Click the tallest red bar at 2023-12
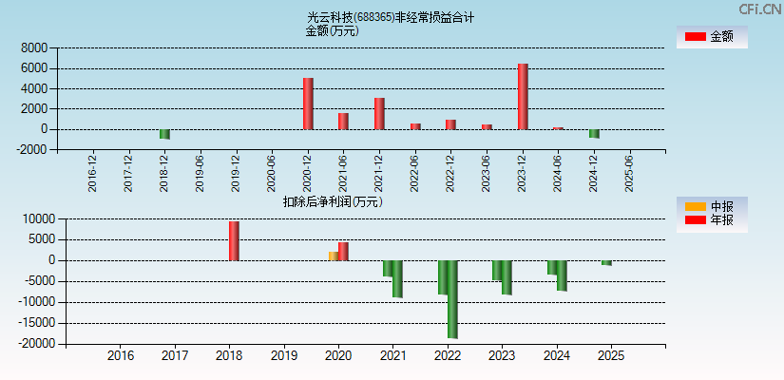523,97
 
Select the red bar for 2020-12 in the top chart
308,104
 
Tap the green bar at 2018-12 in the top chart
164,134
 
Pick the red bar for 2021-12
379,113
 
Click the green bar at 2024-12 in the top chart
594,133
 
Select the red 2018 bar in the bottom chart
234,240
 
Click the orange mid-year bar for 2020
333,256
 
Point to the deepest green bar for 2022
452,299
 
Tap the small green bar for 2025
606,263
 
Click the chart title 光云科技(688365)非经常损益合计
391,17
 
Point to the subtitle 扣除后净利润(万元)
333,201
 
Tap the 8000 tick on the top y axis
34,47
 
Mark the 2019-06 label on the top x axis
200,174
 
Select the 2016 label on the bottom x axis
121,356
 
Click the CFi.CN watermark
760,9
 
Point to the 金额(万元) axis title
332,30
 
